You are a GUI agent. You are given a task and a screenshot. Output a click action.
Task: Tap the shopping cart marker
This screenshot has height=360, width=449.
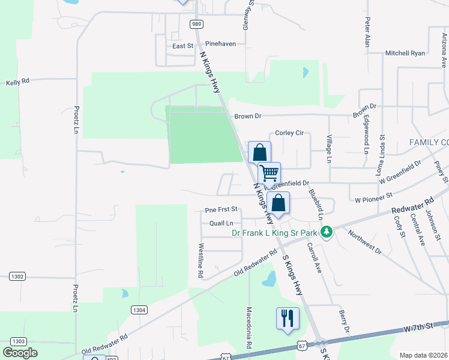[x=270, y=173]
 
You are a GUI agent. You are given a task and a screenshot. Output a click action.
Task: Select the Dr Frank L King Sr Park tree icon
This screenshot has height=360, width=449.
[x=327, y=232]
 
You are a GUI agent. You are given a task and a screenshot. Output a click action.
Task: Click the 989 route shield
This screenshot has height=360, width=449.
[x=196, y=24]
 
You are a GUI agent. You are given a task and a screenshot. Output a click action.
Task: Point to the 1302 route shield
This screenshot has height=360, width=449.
[x=17, y=277]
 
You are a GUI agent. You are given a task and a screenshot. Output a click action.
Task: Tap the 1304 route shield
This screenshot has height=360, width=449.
[x=139, y=310]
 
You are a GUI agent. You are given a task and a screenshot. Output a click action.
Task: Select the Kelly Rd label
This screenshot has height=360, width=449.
[x=17, y=82]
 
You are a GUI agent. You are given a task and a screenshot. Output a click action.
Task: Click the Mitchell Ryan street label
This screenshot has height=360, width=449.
[x=405, y=53]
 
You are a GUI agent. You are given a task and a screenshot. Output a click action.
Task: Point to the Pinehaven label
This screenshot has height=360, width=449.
[x=221, y=44]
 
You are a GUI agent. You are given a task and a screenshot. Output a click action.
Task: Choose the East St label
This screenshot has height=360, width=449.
[x=183, y=46]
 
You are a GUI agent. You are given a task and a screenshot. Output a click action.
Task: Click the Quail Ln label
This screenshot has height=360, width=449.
[x=221, y=223]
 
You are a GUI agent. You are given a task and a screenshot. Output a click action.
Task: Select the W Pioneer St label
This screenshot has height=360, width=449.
[x=373, y=196]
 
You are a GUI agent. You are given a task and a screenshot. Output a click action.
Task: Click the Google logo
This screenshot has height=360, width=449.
[x=20, y=352]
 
